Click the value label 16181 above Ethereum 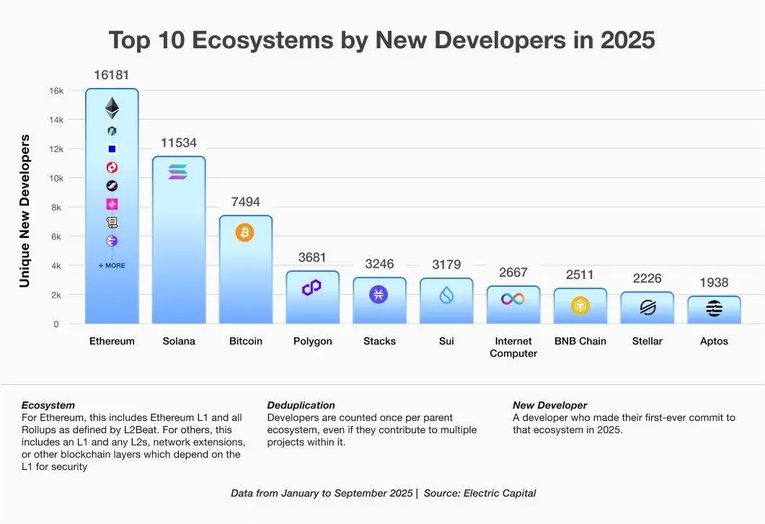(x=112, y=75)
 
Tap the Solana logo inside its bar (x=178, y=172)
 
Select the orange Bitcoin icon (x=244, y=233)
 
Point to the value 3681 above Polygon (x=312, y=257)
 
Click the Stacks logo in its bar (x=379, y=294)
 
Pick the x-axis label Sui (x=446, y=341)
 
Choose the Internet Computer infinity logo (x=513, y=298)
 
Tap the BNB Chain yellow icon (x=580, y=306)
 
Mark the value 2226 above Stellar (x=647, y=278)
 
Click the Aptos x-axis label (x=714, y=341)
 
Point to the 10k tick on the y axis (x=56, y=178)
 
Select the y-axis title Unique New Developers (x=25, y=210)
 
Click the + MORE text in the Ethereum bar (x=112, y=265)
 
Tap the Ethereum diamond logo (x=112, y=108)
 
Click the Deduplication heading (x=301, y=405)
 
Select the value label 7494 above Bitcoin (x=245, y=202)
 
